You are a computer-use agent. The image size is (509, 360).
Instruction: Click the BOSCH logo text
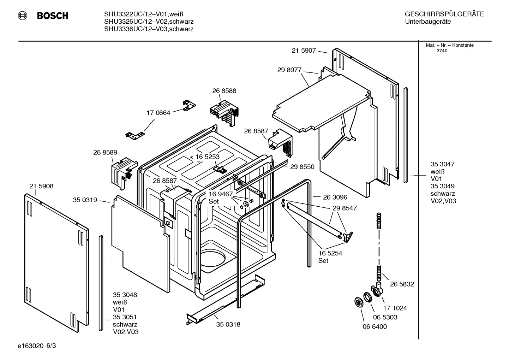(x=52, y=16)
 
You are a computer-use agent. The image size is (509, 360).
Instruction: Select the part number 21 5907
(x=304, y=51)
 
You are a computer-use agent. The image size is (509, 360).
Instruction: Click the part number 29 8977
(x=289, y=70)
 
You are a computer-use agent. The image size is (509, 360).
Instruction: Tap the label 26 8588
(x=224, y=91)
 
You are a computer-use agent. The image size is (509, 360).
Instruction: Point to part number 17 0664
(x=158, y=113)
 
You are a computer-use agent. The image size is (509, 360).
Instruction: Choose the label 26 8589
(x=105, y=153)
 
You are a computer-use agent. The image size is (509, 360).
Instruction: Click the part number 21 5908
(x=41, y=186)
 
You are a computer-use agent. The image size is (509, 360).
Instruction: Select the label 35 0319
(x=85, y=200)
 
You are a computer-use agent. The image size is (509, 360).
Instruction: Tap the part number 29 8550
(x=302, y=167)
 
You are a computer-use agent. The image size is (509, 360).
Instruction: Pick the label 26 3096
(x=335, y=197)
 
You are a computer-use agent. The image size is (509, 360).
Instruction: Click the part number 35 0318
(x=228, y=324)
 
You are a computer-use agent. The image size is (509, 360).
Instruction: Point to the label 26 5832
(x=402, y=284)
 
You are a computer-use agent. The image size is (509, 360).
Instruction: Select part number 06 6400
(x=375, y=326)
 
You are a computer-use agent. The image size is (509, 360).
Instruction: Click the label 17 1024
(x=395, y=308)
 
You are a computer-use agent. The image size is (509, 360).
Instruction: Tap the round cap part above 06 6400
(x=360, y=303)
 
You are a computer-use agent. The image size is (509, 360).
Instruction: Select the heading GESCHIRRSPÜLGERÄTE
(x=444, y=14)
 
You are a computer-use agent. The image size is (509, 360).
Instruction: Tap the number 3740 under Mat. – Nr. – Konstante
(x=442, y=51)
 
